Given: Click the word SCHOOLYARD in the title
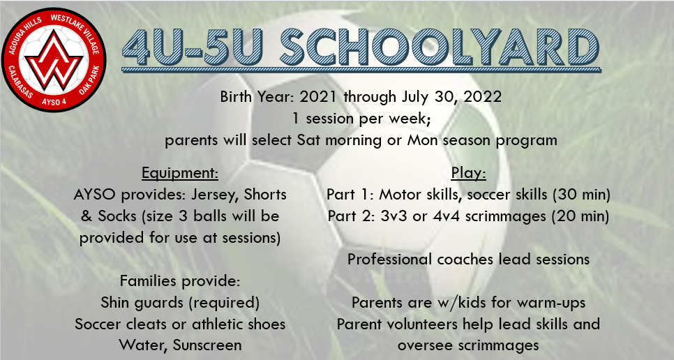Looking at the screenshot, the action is [x=440, y=47].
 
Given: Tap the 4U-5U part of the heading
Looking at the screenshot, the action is [x=192, y=47].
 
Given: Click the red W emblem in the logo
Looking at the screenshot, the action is [x=54, y=60].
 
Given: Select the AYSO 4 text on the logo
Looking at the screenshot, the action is [x=54, y=103].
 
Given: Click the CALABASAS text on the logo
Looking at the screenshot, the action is [x=20, y=82].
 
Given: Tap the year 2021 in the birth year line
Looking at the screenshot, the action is [x=318, y=96].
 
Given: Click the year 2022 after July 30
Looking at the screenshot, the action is [x=483, y=96].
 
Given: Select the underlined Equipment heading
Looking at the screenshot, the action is [x=180, y=173].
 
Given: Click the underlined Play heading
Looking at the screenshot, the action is [x=469, y=173].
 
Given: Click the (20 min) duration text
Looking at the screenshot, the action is [x=581, y=216].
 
